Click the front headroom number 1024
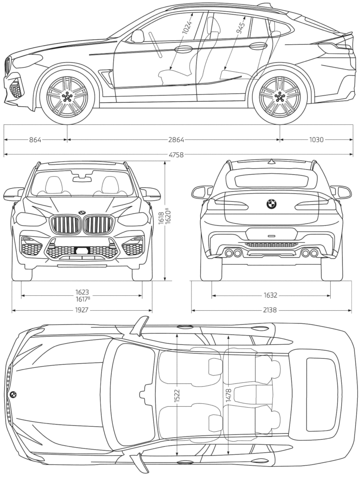pyautogui.click(x=186, y=27)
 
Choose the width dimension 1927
pyautogui.click(x=82, y=310)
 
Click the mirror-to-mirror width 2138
pyautogui.click(x=271, y=310)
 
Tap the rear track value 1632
pyautogui.click(x=271, y=295)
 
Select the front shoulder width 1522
pyautogui.click(x=177, y=395)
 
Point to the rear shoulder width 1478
pyautogui.click(x=228, y=395)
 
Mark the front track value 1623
pyautogui.click(x=82, y=293)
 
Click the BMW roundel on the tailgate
pyautogui.click(x=271, y=204)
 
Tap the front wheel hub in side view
pyautogui.click(x=67, y=96)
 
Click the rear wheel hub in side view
pyautogui.click(x=279, y=96)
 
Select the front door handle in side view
pyautogui.click(x=183, y=49)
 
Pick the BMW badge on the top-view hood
pyautogui.click(x=13, y=394)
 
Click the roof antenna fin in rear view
pyautogui.click(x=271, y=162)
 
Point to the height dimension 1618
pyautogui.click(x=161, y=218)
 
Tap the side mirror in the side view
pyautogui.click(x=138, y=36)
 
